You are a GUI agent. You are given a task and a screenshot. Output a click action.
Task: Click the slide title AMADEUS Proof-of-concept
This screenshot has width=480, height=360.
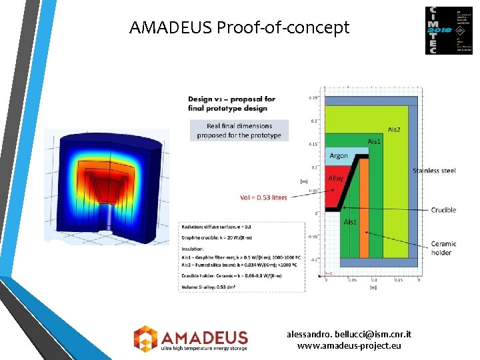[239, 28]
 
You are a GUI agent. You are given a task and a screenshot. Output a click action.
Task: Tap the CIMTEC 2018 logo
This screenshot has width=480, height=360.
[444, 30]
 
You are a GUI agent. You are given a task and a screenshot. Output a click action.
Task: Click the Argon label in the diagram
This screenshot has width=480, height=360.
[339, 156]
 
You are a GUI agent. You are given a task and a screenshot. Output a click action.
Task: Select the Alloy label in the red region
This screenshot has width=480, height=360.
[336, 179]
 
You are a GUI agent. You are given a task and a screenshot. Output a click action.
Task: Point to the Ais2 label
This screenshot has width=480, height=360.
[393, 129]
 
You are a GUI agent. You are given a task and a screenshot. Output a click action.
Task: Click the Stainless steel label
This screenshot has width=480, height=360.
[434, 171]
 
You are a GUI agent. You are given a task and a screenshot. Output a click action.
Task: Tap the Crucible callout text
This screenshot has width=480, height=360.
[443, 210]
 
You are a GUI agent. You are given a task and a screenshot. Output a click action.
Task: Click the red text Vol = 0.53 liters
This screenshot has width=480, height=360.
[263, 197]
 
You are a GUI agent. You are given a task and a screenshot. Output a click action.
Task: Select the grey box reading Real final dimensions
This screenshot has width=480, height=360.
[239, 131]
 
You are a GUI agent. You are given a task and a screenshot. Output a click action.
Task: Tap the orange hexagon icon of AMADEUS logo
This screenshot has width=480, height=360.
[145, 338]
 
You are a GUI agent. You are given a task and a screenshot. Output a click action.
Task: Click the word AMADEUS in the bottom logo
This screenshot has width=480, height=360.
[203, 337]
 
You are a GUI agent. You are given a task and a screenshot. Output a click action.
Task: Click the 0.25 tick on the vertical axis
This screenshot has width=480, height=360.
[312, 98]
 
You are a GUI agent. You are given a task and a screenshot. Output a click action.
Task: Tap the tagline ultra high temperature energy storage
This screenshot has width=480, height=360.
[203, 348]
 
